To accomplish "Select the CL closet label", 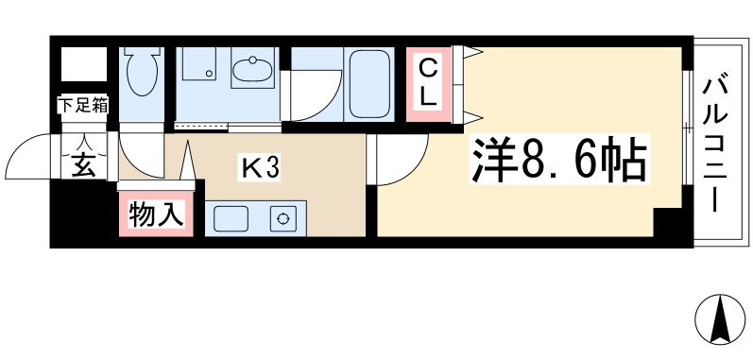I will pyautogui.click(x=428, y=83).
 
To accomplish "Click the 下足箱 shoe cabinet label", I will pyautogui.click(x=84, y=106).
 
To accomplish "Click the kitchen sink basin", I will pyautogui.click(x=231, y=219).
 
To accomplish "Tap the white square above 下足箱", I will pyautogui.click(x=84, y=65).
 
